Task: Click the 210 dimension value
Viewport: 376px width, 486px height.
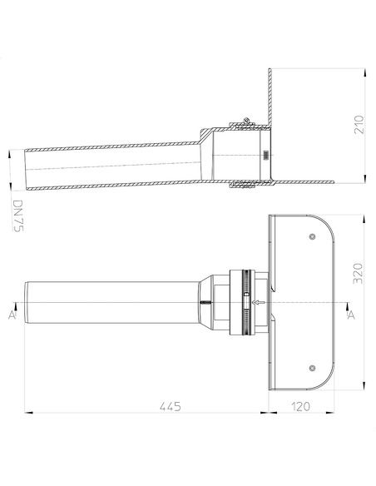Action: click(x=359, y=125)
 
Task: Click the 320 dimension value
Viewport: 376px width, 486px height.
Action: click(x=358, y=273)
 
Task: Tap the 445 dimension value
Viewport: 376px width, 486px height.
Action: click(x=170, y=406)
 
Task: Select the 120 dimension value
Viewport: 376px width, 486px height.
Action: click(x=300, y=406)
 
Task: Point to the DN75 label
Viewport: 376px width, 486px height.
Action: click(x=18, y=216)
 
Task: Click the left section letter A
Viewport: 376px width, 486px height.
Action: click(x=12, y=315)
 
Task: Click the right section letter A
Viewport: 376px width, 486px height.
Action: click(x=351, y=315)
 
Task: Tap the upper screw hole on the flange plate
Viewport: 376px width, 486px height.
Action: click(x=312, y=237)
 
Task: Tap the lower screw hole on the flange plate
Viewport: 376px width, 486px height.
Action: click(x=312, y=368)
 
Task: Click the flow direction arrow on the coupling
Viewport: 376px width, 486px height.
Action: click(x=259, y=302)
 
